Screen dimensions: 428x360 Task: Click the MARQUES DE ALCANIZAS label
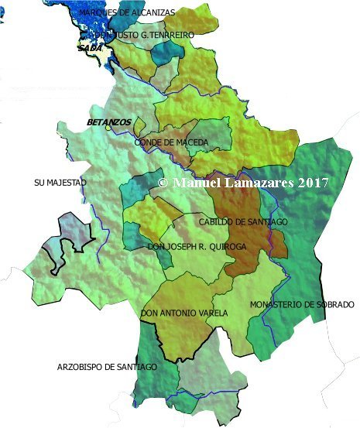127,13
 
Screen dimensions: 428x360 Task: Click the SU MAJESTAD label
60,183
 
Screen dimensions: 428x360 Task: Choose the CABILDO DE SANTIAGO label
243,222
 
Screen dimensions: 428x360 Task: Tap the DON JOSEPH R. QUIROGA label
197,247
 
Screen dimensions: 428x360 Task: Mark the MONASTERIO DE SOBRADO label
302,305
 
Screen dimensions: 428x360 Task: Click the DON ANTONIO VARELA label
184,313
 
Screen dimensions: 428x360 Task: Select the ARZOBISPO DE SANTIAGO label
107,366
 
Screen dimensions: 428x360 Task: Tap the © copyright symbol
163,183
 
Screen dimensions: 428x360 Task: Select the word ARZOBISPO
81,366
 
